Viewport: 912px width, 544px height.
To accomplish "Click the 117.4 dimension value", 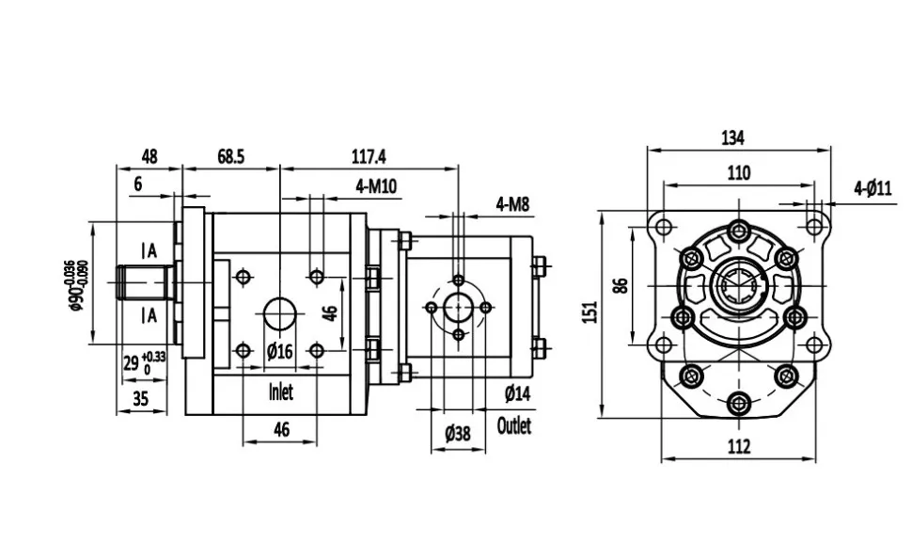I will tap(369, 156).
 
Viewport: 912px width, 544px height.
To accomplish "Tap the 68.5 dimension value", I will tap(230, 156).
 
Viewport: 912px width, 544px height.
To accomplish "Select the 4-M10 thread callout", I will tap(377, 186).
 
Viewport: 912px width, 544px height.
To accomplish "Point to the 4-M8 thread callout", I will tap(513, 202).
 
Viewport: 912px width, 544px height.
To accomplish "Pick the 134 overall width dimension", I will tap(733, 137).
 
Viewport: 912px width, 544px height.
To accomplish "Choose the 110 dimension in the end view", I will tap(739, 172).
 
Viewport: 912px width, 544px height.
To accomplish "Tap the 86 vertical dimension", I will tap(620, 284).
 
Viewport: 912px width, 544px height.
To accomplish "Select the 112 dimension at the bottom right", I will tap(740, 447).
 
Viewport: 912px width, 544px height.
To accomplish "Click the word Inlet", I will tap(280, 392).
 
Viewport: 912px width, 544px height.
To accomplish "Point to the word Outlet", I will tap(513, 425).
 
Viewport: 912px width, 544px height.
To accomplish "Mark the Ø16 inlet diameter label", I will tap(280, 351).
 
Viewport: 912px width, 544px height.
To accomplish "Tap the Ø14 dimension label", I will tap(518, 392).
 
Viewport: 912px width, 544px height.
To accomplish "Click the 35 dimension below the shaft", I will tap(140, 398).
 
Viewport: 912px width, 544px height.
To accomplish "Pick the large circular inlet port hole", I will tap(279, 313).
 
